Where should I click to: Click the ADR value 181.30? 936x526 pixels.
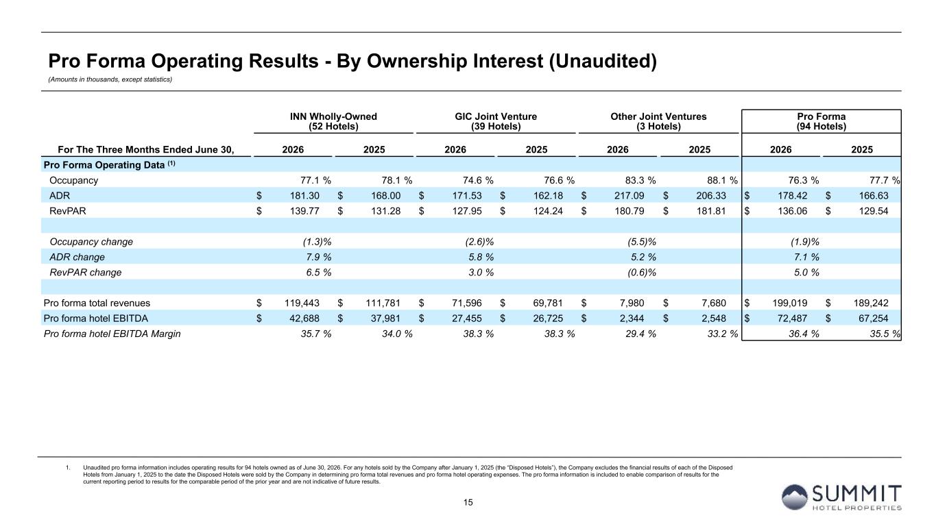tap(304, 196)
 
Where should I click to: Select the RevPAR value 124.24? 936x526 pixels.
tap(549, 211)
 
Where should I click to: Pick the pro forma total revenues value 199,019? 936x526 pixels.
tap(790, 303)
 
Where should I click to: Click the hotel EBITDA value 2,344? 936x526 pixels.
tap(632, 318)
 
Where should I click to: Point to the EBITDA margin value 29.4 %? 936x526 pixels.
tap(640, 334)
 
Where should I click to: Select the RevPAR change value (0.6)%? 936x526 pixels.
tap(642, 273)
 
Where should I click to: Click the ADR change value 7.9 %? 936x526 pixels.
tap(319, 257)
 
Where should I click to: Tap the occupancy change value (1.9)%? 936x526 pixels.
tap(805, 242)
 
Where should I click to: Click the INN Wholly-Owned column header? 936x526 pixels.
tap(333, 121)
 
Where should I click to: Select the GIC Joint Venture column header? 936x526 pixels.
tap(496, 121)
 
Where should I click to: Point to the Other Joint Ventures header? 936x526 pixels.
tap(658, 121)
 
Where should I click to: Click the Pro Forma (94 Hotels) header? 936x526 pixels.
tap(821, 121)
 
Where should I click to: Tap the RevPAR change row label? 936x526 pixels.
tap(86, 273)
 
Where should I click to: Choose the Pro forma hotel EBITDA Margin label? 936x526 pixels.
tap(112, 334)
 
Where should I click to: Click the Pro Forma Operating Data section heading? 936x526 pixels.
tap(110, 165)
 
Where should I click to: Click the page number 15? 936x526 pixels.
tap(468, 503)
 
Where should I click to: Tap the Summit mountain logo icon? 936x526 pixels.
tap(794, 497)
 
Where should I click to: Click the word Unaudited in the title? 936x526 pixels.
tap(603, 61)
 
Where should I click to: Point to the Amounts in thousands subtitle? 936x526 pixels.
tap(110, 79)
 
